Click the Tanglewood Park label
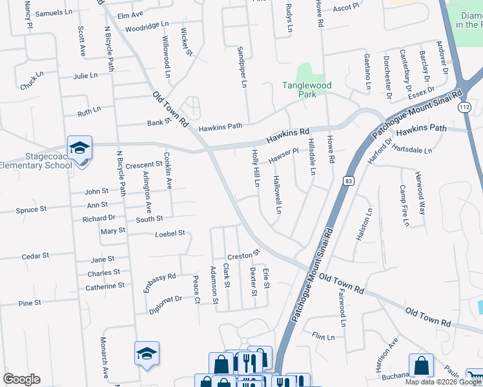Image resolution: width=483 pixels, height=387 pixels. (x=307, y=90)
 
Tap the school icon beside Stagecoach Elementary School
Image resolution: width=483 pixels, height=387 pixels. (x=80, y=148)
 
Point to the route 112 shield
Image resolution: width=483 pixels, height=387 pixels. (x=464, y=106)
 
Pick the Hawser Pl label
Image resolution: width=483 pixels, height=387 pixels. (x=283, y=155)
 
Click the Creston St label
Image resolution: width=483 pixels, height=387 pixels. (x=243, y=253)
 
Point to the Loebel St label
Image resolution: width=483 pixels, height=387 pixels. (x=170, y=233)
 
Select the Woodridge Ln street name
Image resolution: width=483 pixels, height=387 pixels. (x=147, y=26)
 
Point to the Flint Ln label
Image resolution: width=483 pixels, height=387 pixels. (x=324, y=337)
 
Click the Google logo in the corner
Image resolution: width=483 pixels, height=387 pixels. (x=21, y=379)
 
